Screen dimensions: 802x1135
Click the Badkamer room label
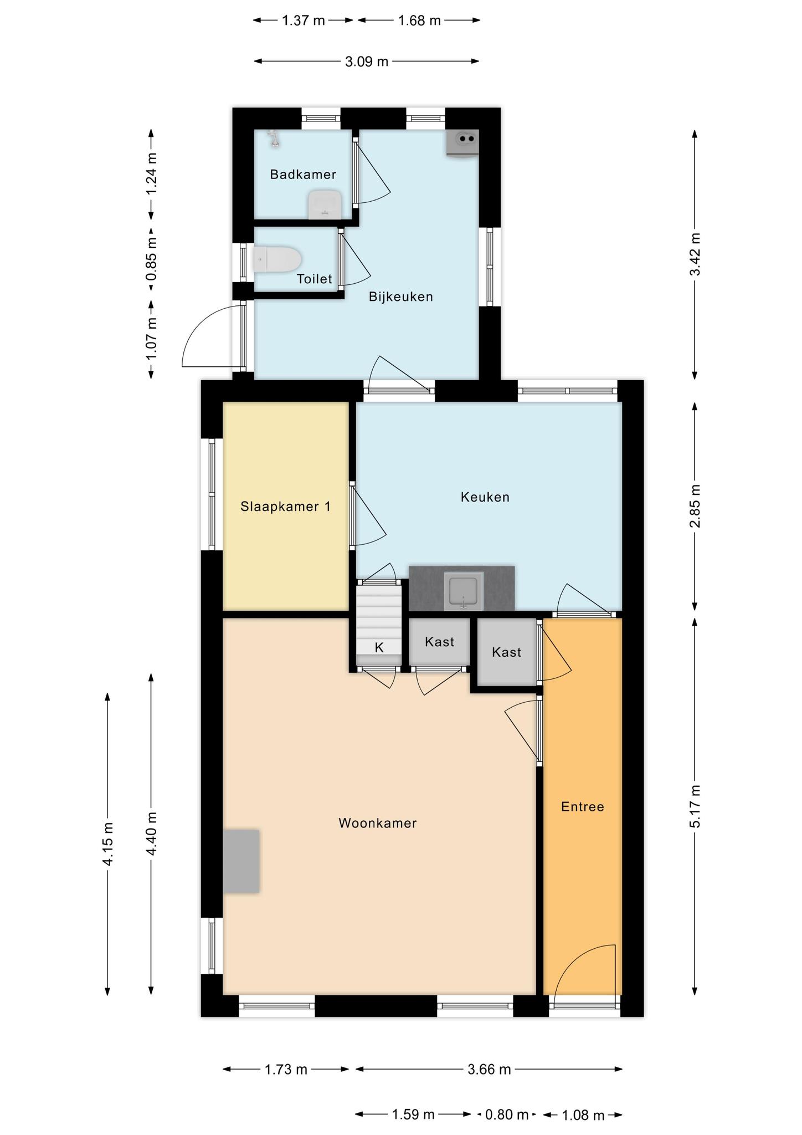[x=303, y=175]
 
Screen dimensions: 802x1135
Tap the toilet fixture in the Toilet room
[x=277, y=259]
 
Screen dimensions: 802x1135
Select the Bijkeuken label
[x=401, y=297]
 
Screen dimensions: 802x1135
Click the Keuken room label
[x=485, y=497]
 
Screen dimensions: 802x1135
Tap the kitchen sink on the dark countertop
[x=464, y=591]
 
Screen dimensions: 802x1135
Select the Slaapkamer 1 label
[x=286, y=507]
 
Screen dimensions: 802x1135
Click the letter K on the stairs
[x=379, y=647]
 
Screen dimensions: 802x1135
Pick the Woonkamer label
[x=378, y=824]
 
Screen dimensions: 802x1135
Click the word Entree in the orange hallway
[x=583, y=807]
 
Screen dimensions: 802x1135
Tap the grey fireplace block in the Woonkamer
[x=241, y=861]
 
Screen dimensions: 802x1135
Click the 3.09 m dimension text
[x=367, y=62]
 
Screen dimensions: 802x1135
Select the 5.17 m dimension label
[x=695, y=806]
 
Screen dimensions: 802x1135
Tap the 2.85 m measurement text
[x=695, y=506]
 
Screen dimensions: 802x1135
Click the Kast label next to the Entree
[x=507, y=652]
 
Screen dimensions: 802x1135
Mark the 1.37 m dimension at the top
[x=304, y=21]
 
